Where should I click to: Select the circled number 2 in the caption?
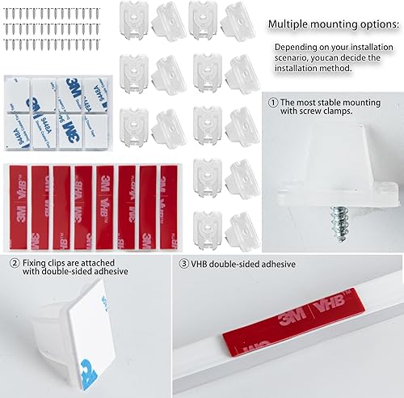pyautogui.click(x=15, y=263)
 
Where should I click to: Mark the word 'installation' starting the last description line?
pyautogui.click(x=299, y=70)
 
